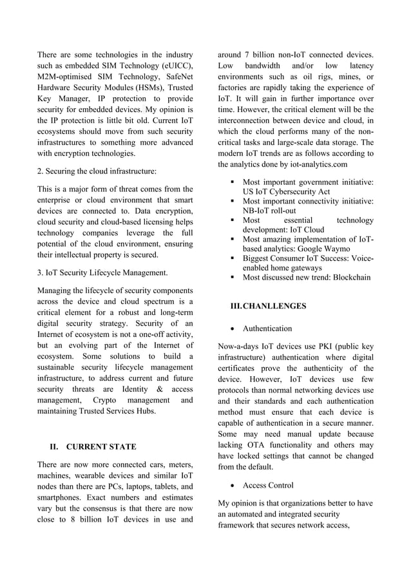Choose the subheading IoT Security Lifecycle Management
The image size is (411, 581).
[103, 272]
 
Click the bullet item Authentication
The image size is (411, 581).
[267, 329]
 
